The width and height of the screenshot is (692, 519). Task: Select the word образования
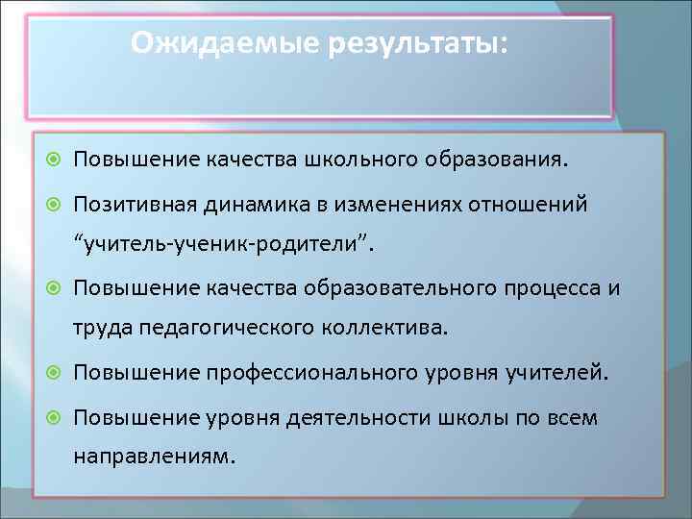[x=488, y=159]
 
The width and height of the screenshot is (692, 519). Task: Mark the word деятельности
[x=317, y=419]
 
